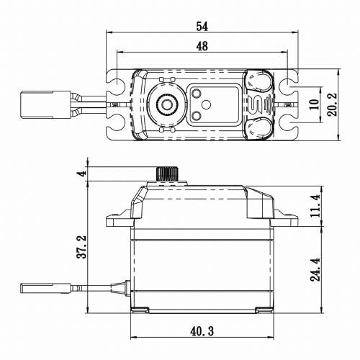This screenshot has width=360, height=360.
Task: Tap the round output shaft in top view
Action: (x=166, y=104)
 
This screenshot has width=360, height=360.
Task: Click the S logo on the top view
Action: (x=258, y=104)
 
